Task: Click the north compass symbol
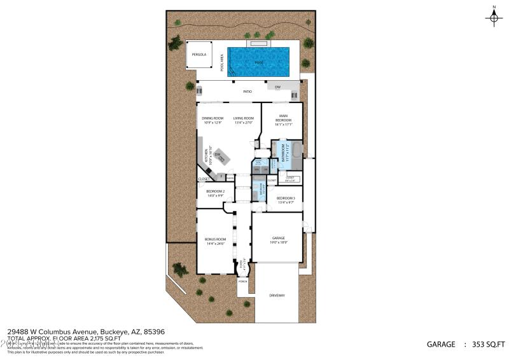click(494, 17)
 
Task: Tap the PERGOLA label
click(199, 55)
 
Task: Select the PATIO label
click(248, 92)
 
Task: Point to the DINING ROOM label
click(213, 118)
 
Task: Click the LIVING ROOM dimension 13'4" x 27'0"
click(244, 123)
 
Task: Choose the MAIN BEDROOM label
click(284, 118)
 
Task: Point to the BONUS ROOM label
click(214, 239)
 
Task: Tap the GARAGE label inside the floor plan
click(277, 238)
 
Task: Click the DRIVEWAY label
click(277, 296)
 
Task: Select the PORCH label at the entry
click(242, 280)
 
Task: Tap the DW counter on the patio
click(278, 87)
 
